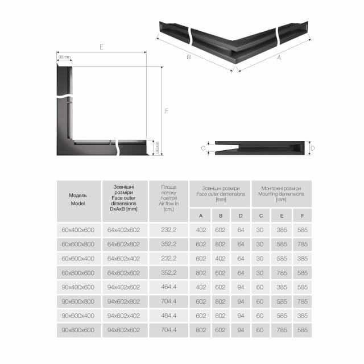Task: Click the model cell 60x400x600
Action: click(x=78, y=230)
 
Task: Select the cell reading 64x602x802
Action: click(x=123, y=244)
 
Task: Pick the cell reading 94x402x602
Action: click(x=123, y=287)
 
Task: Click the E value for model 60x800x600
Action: click(x=282, y=273)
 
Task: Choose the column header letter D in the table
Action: click(x=241, y=216)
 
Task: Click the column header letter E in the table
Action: click(x=282, y=216)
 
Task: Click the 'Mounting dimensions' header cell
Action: click(x=281, y=194)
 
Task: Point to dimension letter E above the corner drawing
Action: click(x=101, y=47)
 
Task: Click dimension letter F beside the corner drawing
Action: click(x=167, y=111)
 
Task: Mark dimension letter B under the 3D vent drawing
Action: click(x=188, y=56)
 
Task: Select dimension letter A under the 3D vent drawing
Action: click(x=278, y=57)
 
